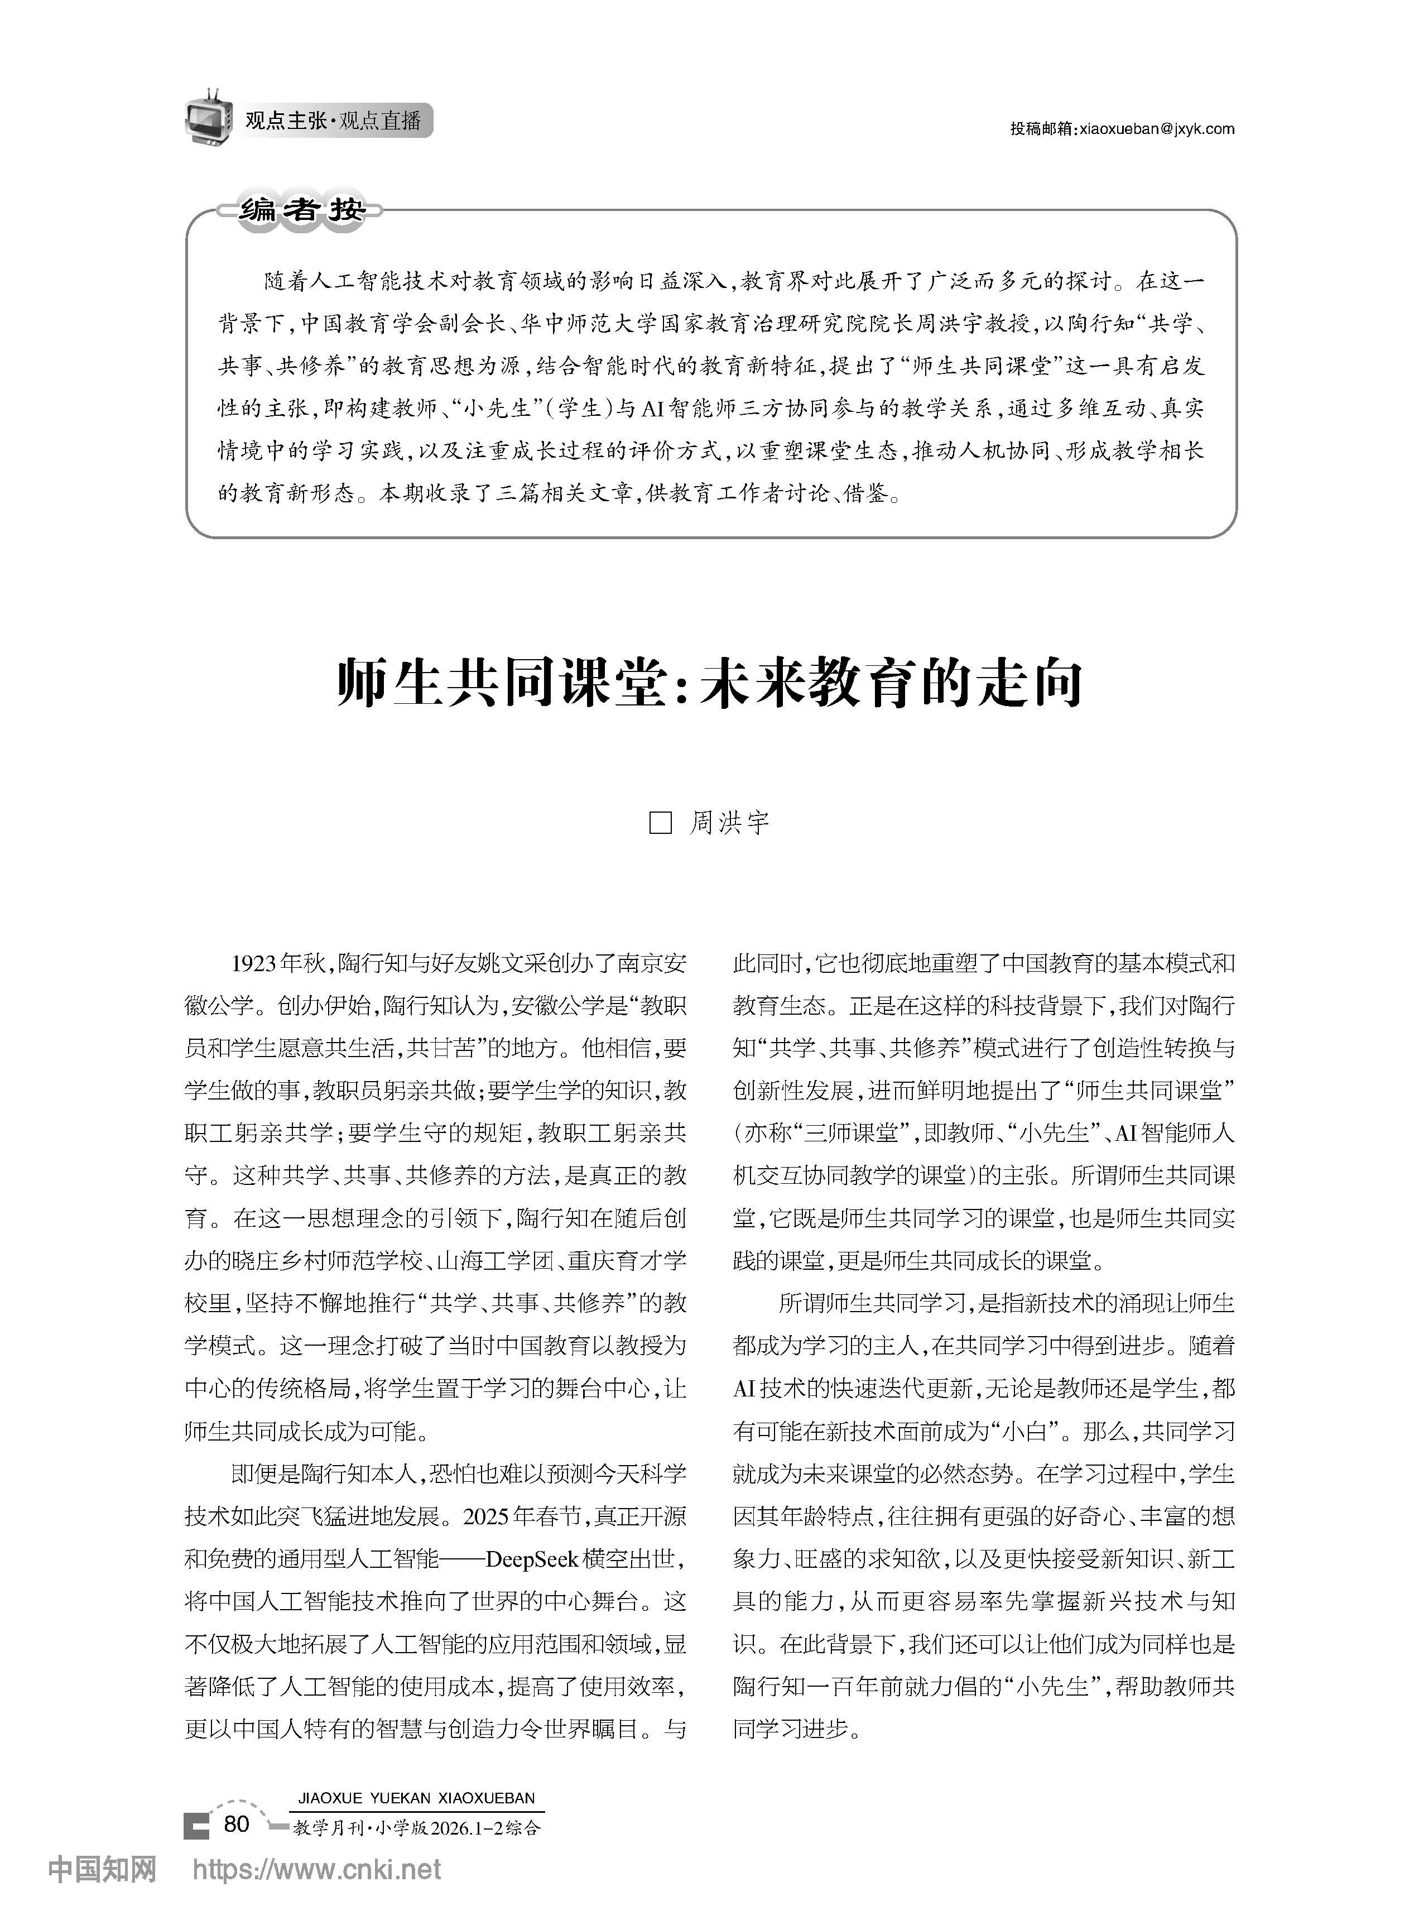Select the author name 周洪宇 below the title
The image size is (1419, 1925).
click(x=729, y=823)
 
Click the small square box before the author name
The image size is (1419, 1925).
click(x=660, y=823)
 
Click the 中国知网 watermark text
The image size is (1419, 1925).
click(x=102, y=1868)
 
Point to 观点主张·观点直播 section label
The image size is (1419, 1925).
click(x=333, y=121)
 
